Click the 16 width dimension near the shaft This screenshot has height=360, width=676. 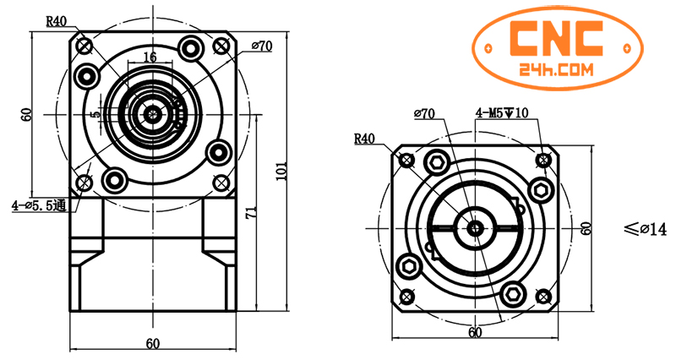150,57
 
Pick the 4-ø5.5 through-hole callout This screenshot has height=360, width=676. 40,205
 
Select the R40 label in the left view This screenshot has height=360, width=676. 57,21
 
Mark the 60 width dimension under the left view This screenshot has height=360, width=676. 152,343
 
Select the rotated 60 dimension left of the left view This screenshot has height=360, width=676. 26,113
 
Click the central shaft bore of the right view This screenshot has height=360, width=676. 475,227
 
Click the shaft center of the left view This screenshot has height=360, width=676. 152,113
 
